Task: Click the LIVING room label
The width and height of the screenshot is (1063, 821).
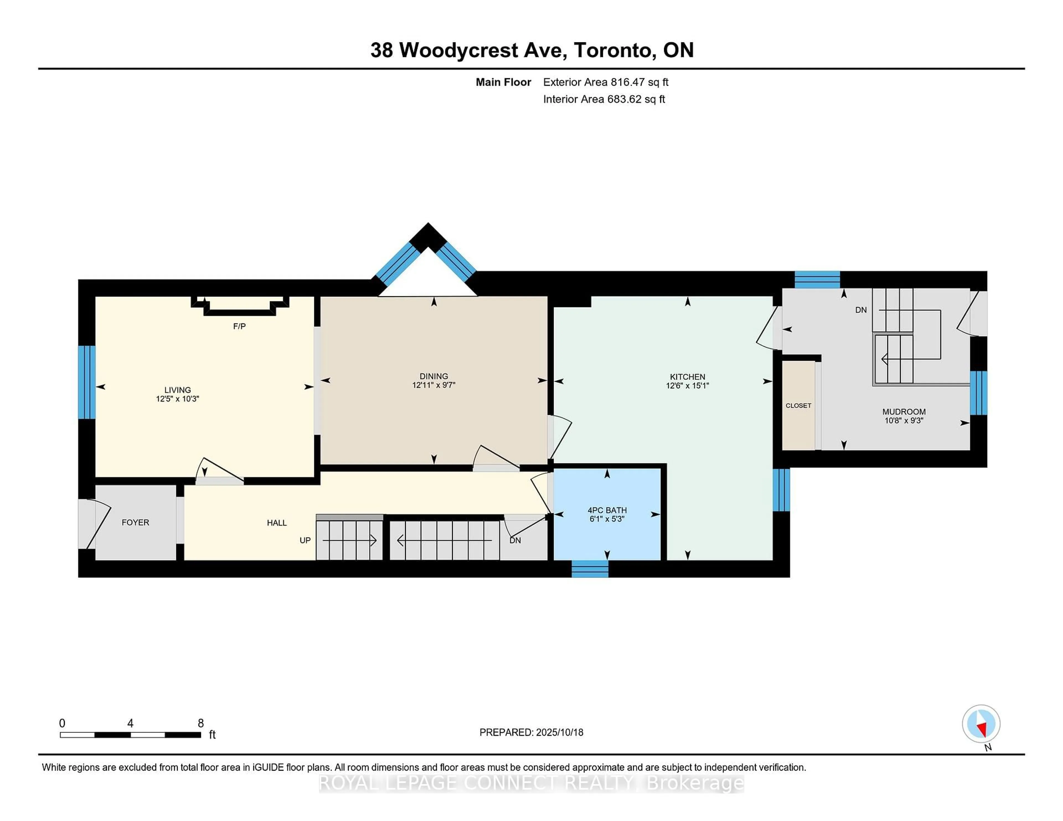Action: [177, 389]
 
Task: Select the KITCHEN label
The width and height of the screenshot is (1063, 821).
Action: [687, 376]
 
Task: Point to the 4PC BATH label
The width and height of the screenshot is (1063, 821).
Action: [607, 510]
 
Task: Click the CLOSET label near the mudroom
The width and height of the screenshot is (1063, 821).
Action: [798, 405]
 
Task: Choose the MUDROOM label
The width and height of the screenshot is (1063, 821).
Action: [904, 412]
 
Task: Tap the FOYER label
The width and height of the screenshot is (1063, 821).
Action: [135, 522]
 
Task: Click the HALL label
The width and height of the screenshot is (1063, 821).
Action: [277, 523]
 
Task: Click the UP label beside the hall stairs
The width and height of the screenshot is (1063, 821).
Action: [305, 540]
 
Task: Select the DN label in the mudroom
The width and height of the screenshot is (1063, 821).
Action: [861, 310]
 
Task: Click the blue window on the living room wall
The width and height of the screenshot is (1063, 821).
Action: [87, 382]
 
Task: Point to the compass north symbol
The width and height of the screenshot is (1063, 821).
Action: [981, 724]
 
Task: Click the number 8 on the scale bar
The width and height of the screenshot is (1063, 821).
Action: [200, 723]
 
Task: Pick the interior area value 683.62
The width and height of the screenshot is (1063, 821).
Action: [625, 99]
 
